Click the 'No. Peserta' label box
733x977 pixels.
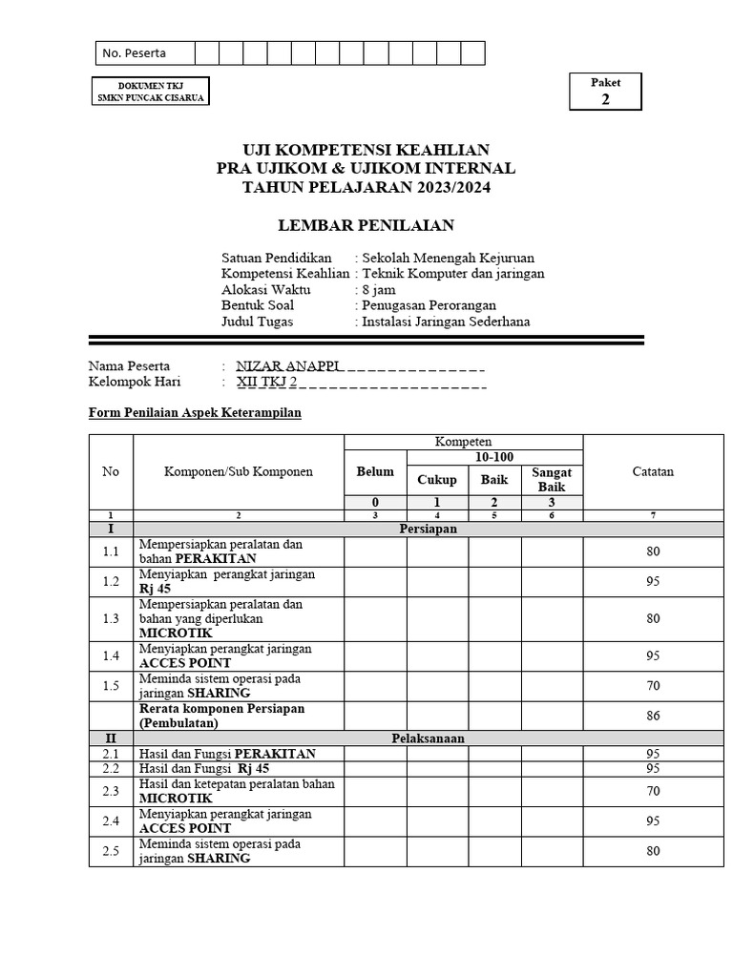click(x=143, y=53)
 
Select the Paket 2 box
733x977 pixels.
click(x=605, y=92)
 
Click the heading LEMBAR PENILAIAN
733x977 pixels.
click(x=366, y=225)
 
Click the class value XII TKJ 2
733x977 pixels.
click(x=266, y=382)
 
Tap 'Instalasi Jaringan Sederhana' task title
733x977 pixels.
click(x=446, y=322)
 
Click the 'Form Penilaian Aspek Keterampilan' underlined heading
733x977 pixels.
click(x=195, y=412)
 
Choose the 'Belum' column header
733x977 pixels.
click(x=375, y=472)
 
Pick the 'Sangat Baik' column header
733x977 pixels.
click(x=552, y=480)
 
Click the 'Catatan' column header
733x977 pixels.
click(x=653, y=472)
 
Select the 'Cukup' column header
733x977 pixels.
click(x=436, y=480)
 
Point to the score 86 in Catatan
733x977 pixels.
click(x=653, y=715)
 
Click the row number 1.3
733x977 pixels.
click(x=111, y=618)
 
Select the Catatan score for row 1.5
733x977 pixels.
click(x=653, y=685)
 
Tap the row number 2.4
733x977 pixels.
click(x=111, y=821)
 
